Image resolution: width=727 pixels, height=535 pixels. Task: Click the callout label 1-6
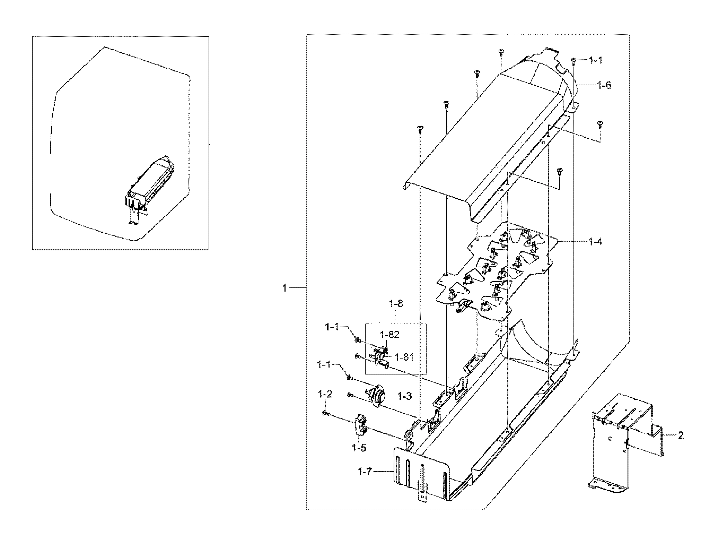pyautogui.click(x=604, y=85)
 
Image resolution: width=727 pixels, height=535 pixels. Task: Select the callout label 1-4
pyautogui.click(x=595, y=242)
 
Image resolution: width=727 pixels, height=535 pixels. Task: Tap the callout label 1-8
pyautogui.click(x=396, y=304)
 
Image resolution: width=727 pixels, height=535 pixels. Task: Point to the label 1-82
pyautogui.click(x=389, y=335)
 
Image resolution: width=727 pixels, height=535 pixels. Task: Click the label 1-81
pyautogui.click(x=404, y=357)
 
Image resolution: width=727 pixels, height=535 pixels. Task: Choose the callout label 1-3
pyautogui.click(x=404, y=396)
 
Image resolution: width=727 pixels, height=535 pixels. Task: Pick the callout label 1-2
pyautogui.click(x=325, y=394)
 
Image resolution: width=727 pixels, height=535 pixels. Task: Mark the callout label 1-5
pyautogui.click(x=359, y=448)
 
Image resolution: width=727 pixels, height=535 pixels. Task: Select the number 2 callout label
pyautogui.click(x=681, y=435)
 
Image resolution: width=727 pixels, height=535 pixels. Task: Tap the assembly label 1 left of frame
pyautogui.click(x=284, y=288)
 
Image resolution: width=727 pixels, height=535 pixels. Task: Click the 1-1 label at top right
pyautogui.click(x=596, y=61)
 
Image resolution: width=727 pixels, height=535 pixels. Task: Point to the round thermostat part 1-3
pyautogui.click(x=374, y=395)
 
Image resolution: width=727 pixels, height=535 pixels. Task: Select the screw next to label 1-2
pyautogui.click(x=325, y=413)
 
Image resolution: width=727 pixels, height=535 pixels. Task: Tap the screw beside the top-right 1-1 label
pyautogui.click(x=573, y=61)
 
